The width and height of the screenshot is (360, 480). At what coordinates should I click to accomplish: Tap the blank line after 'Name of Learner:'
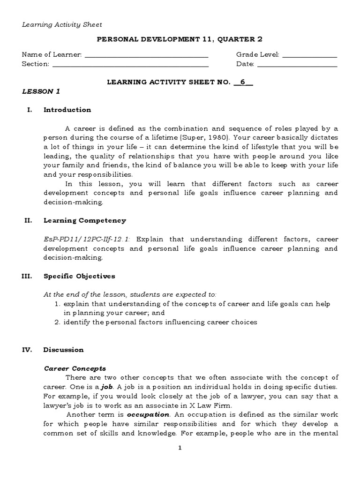(146, 55)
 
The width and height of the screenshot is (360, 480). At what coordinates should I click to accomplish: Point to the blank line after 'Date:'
(297, 65)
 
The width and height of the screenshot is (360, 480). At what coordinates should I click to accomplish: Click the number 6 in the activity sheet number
(243, 82)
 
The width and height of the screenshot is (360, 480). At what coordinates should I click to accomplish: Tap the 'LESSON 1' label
(41, 91)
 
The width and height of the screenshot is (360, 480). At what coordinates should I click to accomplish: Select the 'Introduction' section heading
(67, 110)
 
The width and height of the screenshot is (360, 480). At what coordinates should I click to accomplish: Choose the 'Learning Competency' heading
(84, 220)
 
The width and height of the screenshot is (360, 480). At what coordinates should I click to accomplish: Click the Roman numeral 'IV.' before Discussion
(27, 350)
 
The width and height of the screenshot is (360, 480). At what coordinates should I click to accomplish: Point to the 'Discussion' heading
(63, 350)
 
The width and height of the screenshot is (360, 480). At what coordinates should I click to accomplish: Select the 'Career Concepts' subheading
(75, 368)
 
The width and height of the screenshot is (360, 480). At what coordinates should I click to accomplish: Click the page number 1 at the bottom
(180, 448)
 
